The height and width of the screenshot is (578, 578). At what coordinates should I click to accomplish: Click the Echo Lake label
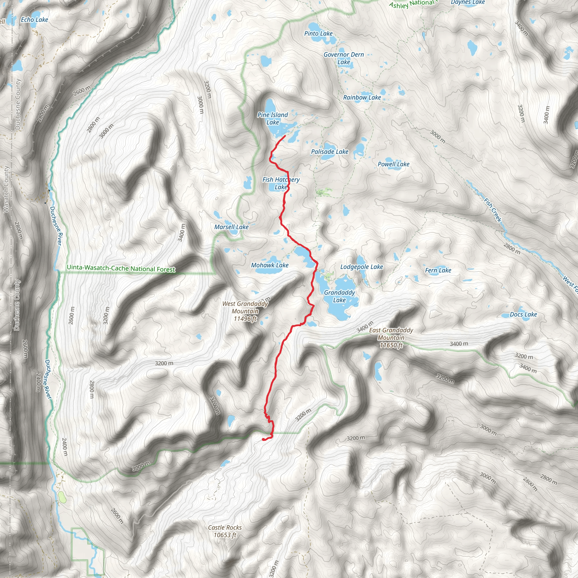[34, 20]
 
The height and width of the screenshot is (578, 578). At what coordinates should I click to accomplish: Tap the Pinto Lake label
[318, 34]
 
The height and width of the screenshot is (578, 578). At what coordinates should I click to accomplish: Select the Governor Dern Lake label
[344, 58]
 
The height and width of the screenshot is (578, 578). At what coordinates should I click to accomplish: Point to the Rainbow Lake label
[362, 98]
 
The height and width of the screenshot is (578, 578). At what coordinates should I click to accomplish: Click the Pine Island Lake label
[273, 119]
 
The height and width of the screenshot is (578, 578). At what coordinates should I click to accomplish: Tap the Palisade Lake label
[330, 152]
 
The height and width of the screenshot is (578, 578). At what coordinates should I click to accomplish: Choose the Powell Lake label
[393, 164]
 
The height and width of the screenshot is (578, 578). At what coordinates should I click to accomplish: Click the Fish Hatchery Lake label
[281, 183]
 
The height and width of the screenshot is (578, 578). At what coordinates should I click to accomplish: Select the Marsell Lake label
[231, 227]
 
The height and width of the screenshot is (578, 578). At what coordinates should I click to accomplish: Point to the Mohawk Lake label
[270, 265]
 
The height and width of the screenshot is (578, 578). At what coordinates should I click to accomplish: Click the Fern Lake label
[438, 270]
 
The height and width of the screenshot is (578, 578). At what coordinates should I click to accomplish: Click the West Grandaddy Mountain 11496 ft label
[245, 311]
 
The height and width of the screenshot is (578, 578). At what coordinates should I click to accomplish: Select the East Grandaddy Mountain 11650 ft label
[391, 338]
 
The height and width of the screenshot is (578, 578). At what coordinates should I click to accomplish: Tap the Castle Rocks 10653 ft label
[225, 531]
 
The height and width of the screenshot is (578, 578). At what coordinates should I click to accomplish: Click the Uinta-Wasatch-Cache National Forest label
[121, 268]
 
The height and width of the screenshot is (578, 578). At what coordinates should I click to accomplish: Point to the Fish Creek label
[493, 210]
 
